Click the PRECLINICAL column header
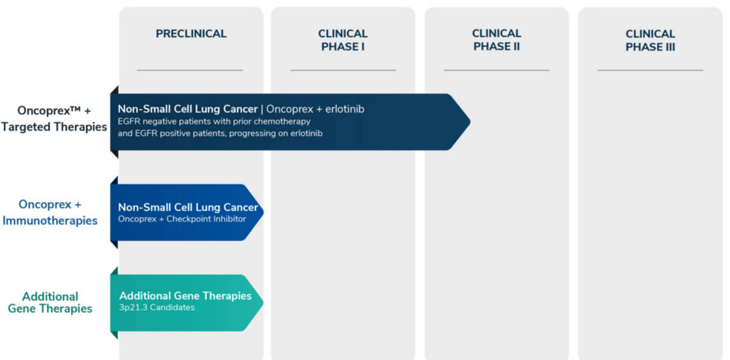tap(191, 33)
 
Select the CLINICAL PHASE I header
tap(343, 40)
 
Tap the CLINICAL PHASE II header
tap(496, 40)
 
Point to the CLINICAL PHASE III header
tap(650, 40)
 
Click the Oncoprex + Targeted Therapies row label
tap(54, 119)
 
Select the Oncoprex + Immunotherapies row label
tap(50, 212)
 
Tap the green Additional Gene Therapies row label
tap(50, 302)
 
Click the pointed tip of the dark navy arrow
tap(470, 122)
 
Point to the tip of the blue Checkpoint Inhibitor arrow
tap(263, 212)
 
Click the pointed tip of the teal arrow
tap(263, 303)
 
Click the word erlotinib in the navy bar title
tap(345, 109)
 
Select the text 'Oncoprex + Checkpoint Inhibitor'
tap(182, 219)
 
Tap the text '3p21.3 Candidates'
tap(157, 308)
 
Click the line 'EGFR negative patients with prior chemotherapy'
tap(214, 122)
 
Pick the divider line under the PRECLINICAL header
tap(190, 70)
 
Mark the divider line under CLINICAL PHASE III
tap(650, 70)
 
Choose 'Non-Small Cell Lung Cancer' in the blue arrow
tap(188, 207)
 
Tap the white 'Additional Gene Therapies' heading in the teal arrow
tap(186, 296)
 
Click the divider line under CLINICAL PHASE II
tap(496, 70)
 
